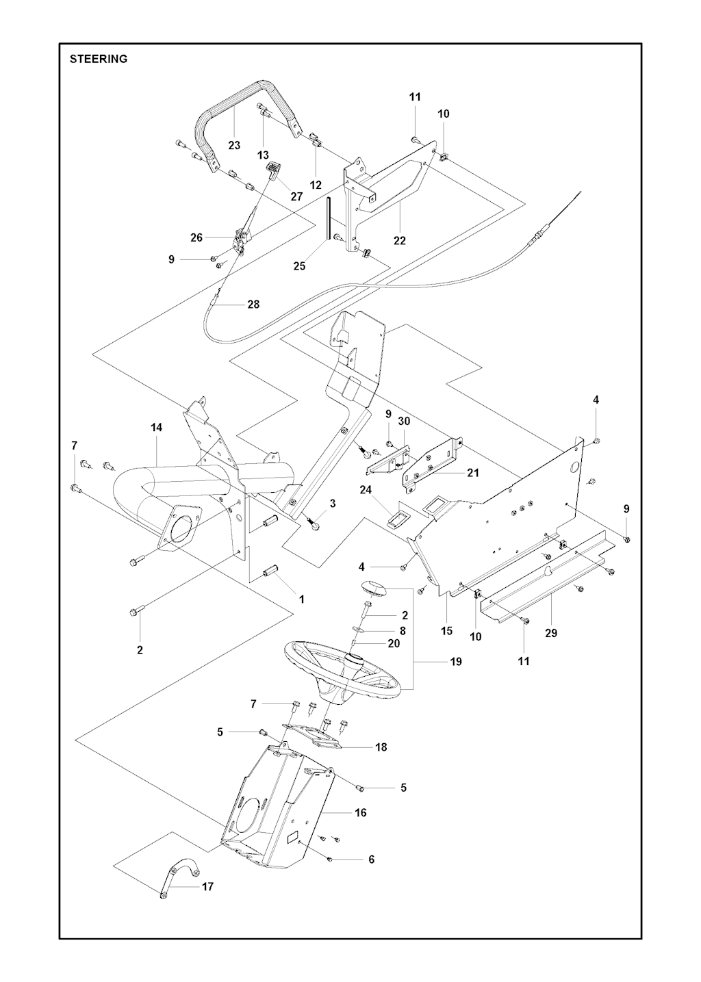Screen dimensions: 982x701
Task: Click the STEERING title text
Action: point(99,59)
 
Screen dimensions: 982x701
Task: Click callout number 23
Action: point(235,145)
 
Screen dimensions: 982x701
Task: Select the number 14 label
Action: point(157,428)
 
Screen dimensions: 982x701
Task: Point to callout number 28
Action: point(253,305)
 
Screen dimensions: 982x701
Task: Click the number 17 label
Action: point(207,886)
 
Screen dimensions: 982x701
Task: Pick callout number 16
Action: point(361,812)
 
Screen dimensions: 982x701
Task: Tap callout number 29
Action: point(551,633)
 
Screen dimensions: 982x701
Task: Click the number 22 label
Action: point(400,240)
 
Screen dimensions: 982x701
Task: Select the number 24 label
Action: point(365,489)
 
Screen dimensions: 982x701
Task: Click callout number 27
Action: point(296,196)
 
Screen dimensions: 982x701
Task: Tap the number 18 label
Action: point(381,747)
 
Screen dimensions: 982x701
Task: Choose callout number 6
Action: point(372,859)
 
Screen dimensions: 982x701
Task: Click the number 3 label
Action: point(333,504)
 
